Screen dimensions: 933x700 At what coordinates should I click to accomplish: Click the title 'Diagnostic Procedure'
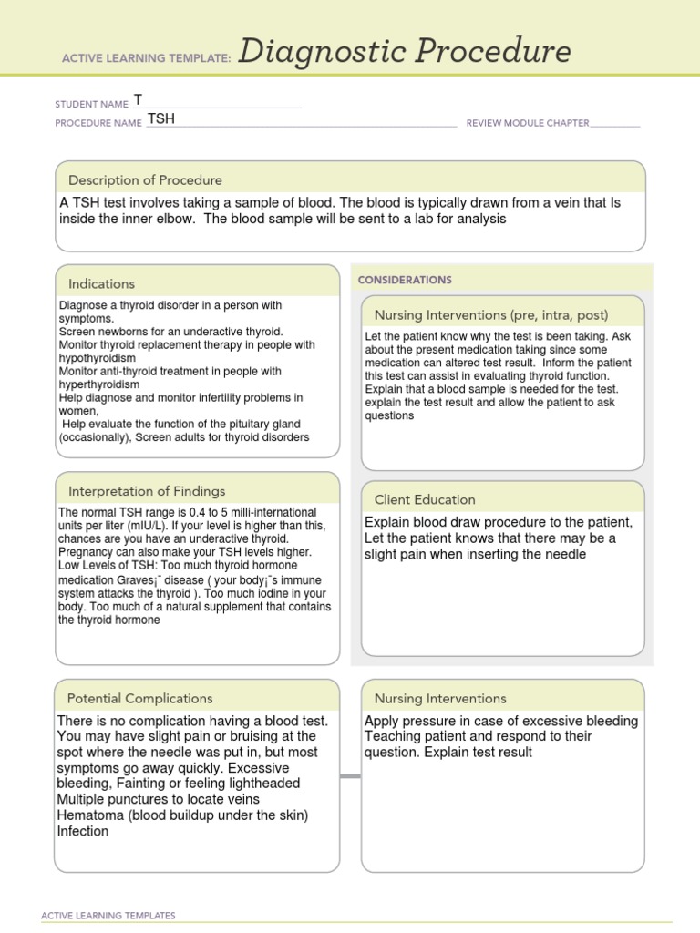(x=405, y=52)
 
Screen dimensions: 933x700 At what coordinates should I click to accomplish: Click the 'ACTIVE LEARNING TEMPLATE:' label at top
(x=146, y=58)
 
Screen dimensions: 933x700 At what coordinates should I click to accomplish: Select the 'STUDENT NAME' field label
(x=91, y=104)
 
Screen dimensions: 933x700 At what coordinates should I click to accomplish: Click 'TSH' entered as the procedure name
(x=161, y=119)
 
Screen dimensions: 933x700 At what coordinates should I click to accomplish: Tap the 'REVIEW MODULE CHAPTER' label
(x=527, y=123)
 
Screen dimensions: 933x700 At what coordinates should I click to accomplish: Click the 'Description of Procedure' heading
(x=146, y=180)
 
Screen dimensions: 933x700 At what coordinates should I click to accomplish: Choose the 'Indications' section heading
(x=101, y=284)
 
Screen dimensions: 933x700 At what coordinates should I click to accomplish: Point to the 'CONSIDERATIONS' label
(x=405, y=280)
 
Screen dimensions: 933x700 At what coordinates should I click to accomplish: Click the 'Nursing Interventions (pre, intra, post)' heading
(x=491, y=315)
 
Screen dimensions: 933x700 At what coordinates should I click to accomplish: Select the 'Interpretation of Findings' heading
(x=147, y=491)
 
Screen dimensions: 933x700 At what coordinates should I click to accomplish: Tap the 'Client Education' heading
(x=425, y=499)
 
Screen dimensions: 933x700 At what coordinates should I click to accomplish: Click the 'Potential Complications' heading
(x=139, y=699)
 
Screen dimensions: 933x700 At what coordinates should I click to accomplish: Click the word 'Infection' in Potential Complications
(x=83, y=831)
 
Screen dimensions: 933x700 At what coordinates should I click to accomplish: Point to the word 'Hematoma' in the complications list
(x=88, y=815)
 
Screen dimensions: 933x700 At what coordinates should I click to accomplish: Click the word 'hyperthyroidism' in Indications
(x=101, y=384)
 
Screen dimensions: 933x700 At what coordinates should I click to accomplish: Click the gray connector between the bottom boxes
(x=350, y=776)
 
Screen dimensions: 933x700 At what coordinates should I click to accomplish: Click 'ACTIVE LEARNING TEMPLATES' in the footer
(x=108, y=916)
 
